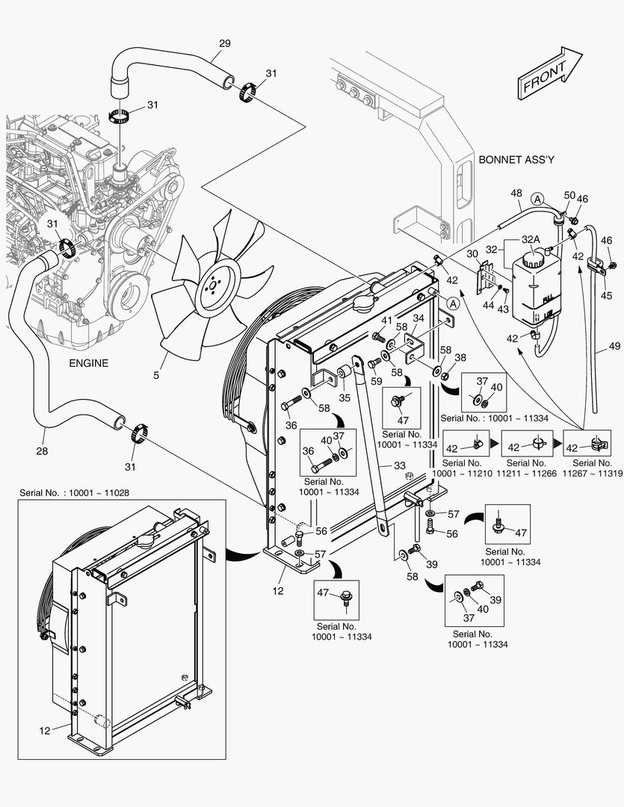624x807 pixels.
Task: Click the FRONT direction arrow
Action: tap(549, 73)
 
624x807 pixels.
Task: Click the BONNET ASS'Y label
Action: tap(516, 160)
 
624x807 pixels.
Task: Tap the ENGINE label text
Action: tap(88, 363)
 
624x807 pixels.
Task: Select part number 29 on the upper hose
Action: tap(224, 43)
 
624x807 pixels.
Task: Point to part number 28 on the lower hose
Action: tap(42, 451)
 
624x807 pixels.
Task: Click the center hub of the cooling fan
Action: tap(213, 286)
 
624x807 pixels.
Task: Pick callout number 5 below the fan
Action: tap(156, 375)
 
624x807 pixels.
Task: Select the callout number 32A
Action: tap(531, 239)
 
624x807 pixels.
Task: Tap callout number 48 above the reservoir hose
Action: tap(516, 194)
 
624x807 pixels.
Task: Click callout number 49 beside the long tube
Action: tap(614, 346)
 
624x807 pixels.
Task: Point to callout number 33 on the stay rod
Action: tap(400, 466)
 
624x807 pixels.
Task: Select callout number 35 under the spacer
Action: tap(345, 398)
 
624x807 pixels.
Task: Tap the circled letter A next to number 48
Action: tap(537, 199)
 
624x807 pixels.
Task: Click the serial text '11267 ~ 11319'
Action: tap(592, 474)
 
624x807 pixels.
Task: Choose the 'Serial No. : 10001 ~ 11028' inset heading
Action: tap(74, 493)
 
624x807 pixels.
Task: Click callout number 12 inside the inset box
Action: tap(45, 730)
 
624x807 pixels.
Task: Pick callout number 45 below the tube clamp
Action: tap(606, 295)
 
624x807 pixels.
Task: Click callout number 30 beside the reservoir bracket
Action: tap(472, 254)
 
